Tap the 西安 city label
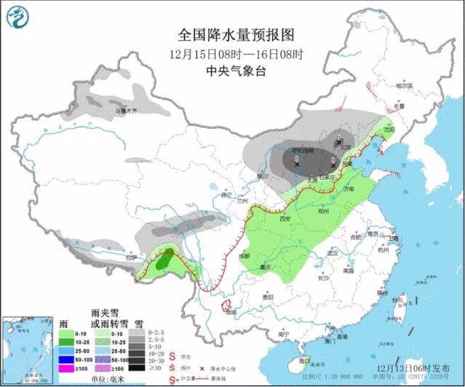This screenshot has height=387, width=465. point(285,219)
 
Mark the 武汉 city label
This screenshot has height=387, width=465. point(333,253)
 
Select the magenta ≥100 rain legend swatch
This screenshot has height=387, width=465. point(65,369)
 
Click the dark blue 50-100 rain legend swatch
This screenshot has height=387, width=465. point(65,359)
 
